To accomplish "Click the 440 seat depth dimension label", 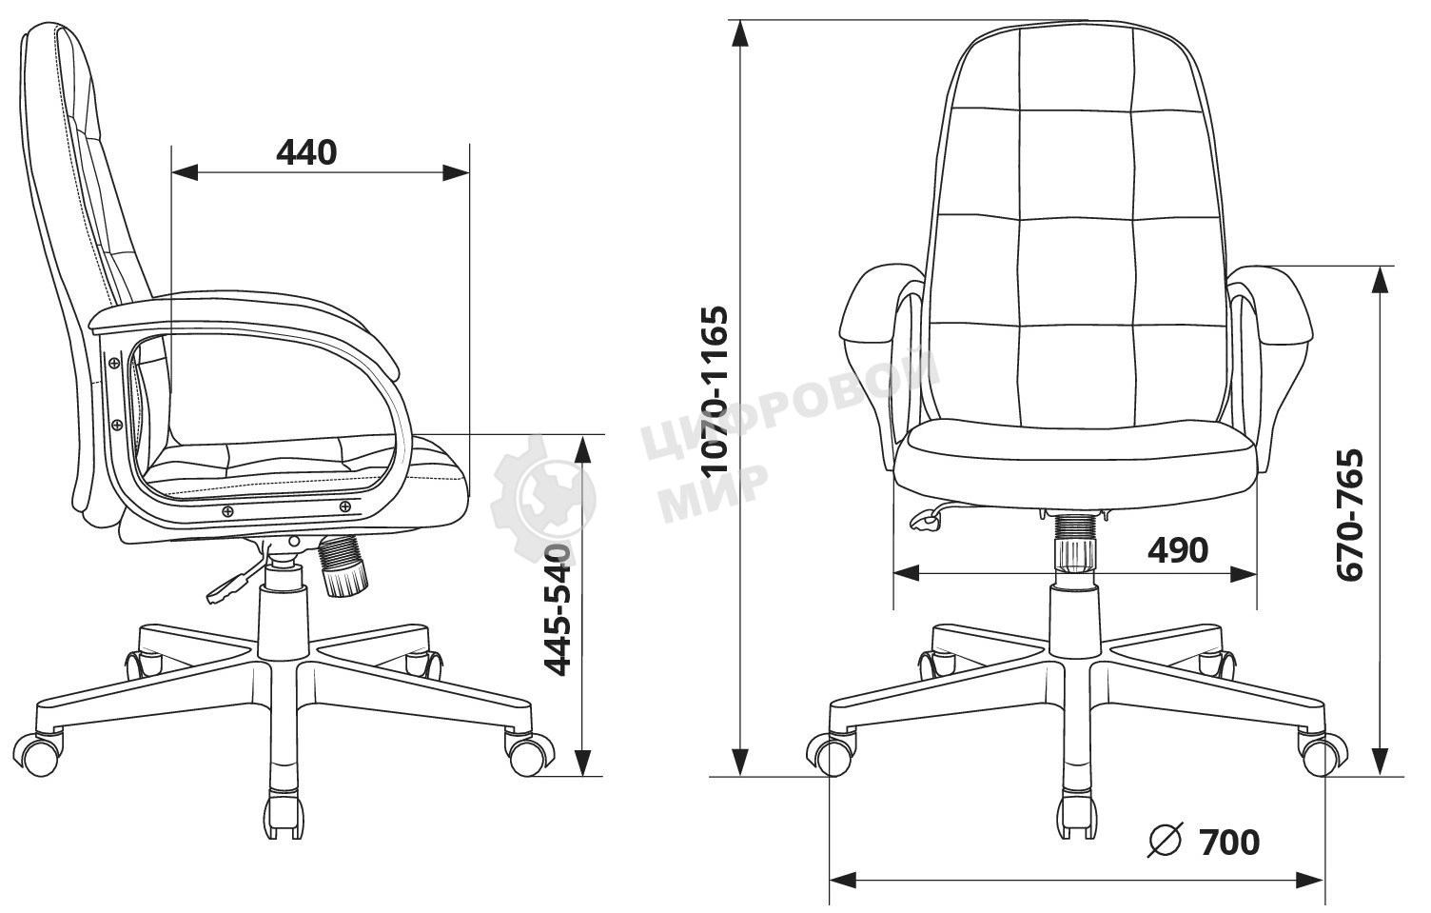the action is [306, 152].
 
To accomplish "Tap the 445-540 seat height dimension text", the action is [558, 610].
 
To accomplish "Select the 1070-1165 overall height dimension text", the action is [715, 391].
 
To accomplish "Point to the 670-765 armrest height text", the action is [1349, 515].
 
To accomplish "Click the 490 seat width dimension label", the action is [1178, 550].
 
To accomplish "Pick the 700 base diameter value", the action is [1229, 843].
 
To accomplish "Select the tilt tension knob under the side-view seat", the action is [344, 566].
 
